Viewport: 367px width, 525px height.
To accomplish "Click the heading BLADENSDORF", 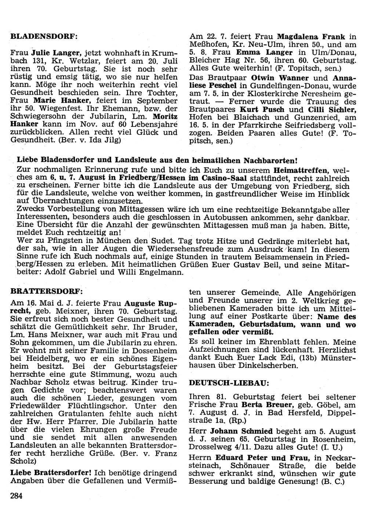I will click(x=44, y=37).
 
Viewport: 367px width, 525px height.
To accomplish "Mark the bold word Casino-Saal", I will click(x=225, y=178).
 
